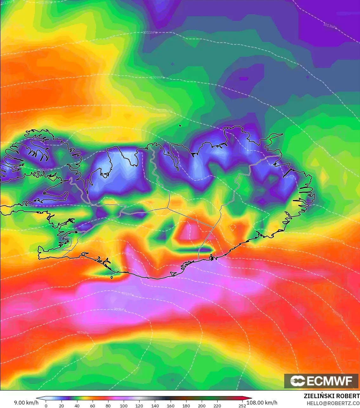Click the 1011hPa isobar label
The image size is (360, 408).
pyautogui.click(x=150, y=33)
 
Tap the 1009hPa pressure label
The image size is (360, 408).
pyautogui.click(x=157, y=78)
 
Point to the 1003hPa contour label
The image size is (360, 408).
pyautogui.click(x=45, y=170)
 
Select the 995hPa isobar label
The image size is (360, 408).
pyautogui.click(x=128, y=254)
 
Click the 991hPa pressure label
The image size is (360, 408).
pyautogui.click(x=128, y=294)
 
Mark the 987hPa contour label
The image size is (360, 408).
pyautogui.click(x=82, y=333)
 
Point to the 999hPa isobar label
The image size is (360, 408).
pyautogui.click(x=337, y=314)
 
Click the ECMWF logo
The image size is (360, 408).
pyautogui.click(x=322, y=381)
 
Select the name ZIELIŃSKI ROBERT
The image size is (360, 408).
pyautogui.click(x=331, y=396)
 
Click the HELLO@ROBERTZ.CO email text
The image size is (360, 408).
pyautogui.click(x=333, y=403)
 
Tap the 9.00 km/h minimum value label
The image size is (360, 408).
pyautogui.click(x=26, y=403)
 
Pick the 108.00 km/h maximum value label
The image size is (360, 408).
pyautogui.click(x=262, y=403)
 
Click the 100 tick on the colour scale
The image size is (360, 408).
pyautogui.click(x=124, y=406)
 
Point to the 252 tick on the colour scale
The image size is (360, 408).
pyautogui.click(x=242, y=406)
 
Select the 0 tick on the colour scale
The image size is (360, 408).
pyautogui.click(x=46, y=406)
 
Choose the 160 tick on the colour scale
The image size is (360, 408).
pyautogui.click(x=171, y=406)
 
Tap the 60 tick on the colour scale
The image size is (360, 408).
pyautogui.click(x=93, y=406)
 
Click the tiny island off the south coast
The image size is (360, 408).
pyautogui.click(x=112, y=278)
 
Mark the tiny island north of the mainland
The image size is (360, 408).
pyautogui.click(x=180, y=126)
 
